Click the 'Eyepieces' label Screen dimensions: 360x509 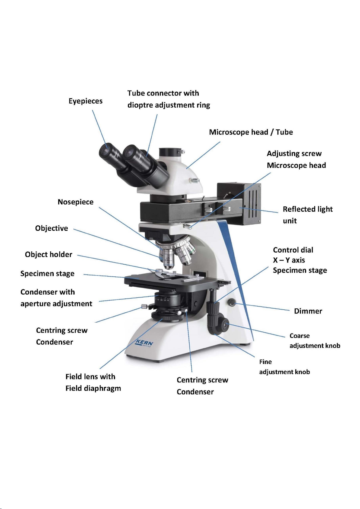click(85, 101)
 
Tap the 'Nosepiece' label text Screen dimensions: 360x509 click(76, 202)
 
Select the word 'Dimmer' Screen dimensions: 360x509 click(308, 311)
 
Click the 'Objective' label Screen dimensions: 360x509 click(52, 228)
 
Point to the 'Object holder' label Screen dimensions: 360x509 click(49, 254)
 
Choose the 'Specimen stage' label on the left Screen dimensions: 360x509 click(47, 273)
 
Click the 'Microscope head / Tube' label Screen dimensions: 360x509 click(251, 132)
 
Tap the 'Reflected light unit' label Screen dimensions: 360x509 click(307, 215)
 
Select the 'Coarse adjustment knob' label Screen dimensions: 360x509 click(315, 340)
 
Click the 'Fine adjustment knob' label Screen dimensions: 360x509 click(284, 367)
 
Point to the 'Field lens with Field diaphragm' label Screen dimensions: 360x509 click(93, 382)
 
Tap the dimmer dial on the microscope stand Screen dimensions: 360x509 click(232, 302)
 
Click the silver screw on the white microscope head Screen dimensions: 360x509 click(195, 181)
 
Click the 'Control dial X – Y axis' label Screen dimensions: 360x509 click(300, 260)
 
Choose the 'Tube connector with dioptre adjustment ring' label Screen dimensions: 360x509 click(169, 99)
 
